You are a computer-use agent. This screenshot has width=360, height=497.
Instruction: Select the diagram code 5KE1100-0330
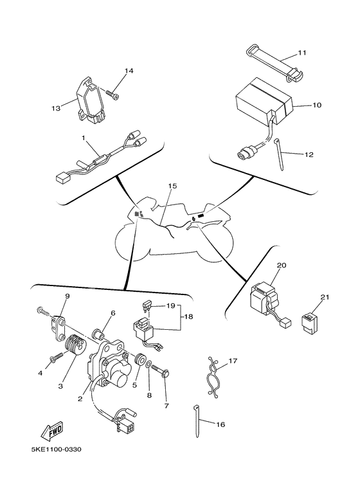pyautogui.click(x=56, y=449)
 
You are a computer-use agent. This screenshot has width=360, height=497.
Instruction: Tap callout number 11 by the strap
pyautogui.click(x=302, y=53)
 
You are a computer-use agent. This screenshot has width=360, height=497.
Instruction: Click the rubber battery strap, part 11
pyautogui.click(x=274, y=64)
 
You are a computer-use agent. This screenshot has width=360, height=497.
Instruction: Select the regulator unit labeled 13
pyautogui.click(x=90, y=100)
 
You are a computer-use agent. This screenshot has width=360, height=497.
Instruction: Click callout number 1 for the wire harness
pyautogui.click(x=84, y=138)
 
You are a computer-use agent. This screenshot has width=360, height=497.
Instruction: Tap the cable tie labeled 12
pyautogui.click(x=278, y=154)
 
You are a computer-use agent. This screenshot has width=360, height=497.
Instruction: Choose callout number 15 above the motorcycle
pyautogui.click(x=172, y=186)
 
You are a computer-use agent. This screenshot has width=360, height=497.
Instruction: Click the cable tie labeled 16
pyautogui.click(x=197, y=420)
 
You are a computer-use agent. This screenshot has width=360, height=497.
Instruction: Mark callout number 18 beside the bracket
pyautogui.click(x=188, y=316)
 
